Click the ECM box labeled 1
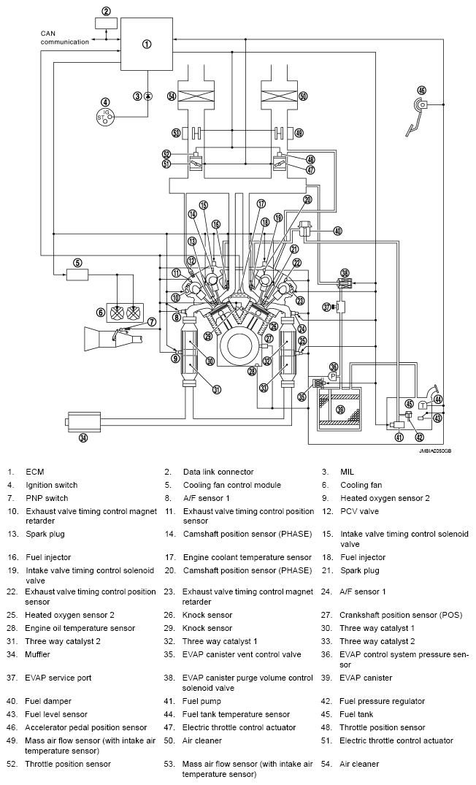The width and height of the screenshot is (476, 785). click(x=147, y=44)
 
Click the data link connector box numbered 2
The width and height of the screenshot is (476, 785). click(x=107, y=23)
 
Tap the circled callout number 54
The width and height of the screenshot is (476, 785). click(x=172, y=96)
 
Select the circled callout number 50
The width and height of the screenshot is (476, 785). click(x=303, y=96)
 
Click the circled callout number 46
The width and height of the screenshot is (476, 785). click(x=421, y=90)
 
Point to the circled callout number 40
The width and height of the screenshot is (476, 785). click(x=337, y=231)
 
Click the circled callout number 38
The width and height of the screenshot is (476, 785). click(x=345, y=272)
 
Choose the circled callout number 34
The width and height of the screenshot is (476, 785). click(x=83, y=439)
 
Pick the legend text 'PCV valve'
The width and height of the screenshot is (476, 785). click(x=359, y=511)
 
